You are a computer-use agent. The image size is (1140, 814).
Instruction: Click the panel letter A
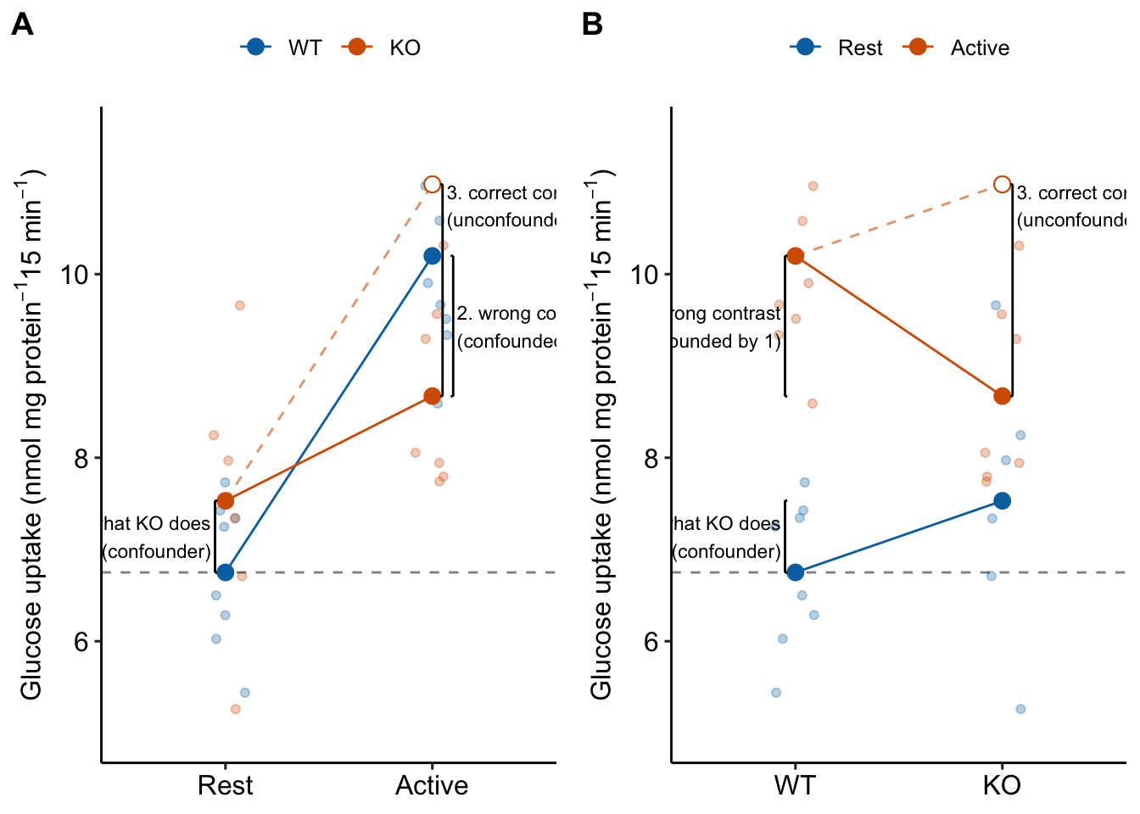(x=22, y=25)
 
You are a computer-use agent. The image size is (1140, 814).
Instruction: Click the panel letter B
(x=592, y=25)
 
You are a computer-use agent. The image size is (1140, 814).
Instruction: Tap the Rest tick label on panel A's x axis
(x=225, y=785)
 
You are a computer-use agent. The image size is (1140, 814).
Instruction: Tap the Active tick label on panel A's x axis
(x=432, y=785)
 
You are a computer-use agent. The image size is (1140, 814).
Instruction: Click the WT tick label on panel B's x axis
(x=795, y=785)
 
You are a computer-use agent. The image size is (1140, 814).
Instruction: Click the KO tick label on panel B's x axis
(x=1002, y=785)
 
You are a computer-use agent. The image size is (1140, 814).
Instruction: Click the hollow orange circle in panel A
(x=432, y=184)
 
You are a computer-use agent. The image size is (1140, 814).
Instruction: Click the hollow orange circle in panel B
(x=1002, y=184)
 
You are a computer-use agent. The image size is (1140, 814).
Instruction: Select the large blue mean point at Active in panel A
(x=432, y=255)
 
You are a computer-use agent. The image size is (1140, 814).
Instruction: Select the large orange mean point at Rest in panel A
(x=225, y=501)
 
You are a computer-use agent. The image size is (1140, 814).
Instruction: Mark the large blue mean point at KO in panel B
(x=1002, y=501)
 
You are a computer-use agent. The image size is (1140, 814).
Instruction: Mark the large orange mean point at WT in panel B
(x=795, y=255)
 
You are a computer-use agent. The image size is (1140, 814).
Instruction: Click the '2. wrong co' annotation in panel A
(x=506, y=314)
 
